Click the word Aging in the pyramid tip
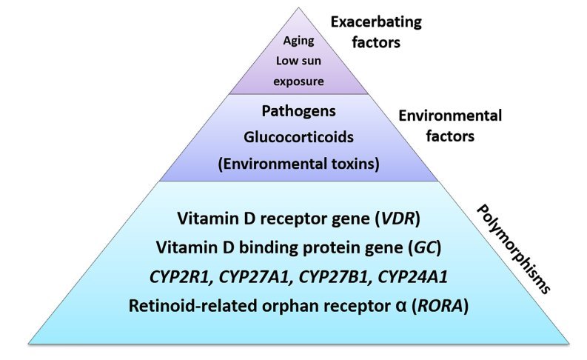coord(298,42)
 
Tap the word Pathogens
coord(298,113)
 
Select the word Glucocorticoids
coord(298,138)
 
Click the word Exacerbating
coord(375,22)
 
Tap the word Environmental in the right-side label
coord(450,116)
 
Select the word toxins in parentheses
coord(348,164)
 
